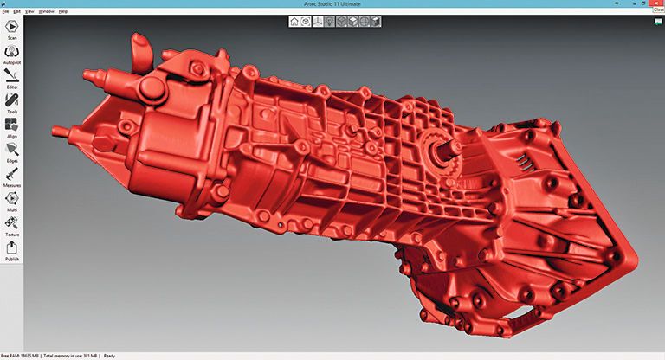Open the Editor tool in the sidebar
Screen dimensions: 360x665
[12, 78]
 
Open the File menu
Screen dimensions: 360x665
[5, 11]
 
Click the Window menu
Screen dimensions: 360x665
[47, 11]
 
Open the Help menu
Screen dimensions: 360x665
[63, 11]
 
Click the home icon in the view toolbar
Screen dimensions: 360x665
[294, 21]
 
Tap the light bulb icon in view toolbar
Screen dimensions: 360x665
[330, 21]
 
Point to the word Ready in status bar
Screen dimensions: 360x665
[109, 356]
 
